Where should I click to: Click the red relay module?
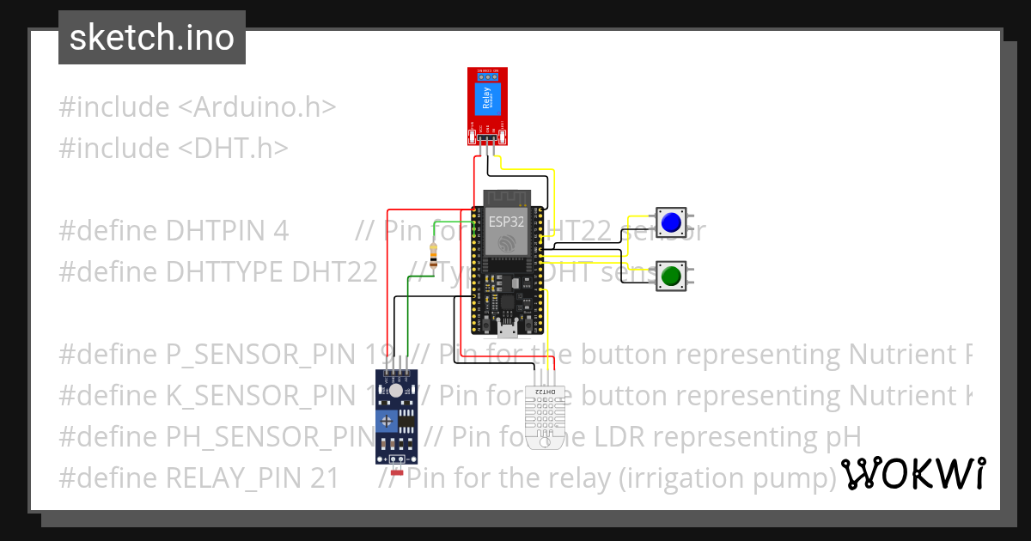point(487,106)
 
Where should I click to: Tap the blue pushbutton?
point(670,223)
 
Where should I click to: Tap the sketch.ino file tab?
point(152,38)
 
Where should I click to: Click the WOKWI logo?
point(912,473)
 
